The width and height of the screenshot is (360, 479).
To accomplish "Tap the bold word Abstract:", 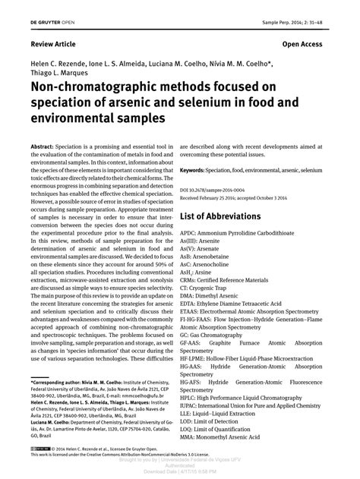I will coord(43,141).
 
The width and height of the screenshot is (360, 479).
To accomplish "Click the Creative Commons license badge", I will coord(42,449).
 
